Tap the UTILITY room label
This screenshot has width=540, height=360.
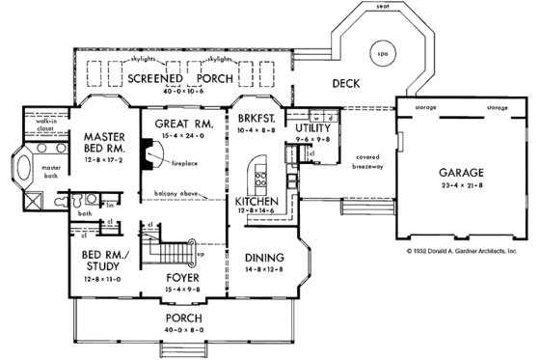point(312,127)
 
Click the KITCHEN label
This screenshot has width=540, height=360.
point(257,201)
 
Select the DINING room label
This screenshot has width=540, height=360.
point(263,258)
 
